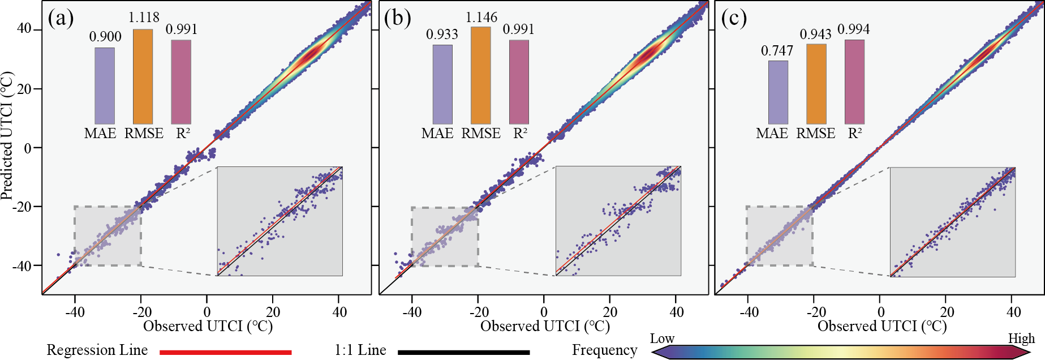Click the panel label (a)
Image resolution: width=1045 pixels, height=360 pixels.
61,18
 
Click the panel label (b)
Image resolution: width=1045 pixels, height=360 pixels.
397,18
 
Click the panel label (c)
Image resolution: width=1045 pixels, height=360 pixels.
734,18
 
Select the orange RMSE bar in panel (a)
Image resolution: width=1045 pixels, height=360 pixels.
143,76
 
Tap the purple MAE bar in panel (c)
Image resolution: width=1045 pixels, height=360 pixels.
778,92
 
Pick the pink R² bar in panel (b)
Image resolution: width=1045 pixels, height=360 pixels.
519,82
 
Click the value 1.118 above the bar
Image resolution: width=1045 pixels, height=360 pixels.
144,18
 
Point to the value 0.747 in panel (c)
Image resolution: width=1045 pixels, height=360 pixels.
777,51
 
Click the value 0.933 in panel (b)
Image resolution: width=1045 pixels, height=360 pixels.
442,35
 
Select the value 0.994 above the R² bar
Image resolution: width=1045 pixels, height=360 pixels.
853,29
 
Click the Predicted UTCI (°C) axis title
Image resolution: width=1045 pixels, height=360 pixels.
7,136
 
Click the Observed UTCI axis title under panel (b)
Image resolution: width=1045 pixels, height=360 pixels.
545,327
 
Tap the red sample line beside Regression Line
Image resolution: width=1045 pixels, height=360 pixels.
225,352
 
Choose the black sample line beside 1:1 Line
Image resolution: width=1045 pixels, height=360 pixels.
463,352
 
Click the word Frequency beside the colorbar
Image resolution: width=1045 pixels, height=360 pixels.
604,350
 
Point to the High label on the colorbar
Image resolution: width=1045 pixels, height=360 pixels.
1021,338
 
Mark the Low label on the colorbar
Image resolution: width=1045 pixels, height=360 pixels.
662,338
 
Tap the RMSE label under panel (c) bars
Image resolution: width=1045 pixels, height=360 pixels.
816,134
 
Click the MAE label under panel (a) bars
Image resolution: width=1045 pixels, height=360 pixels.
100,134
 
